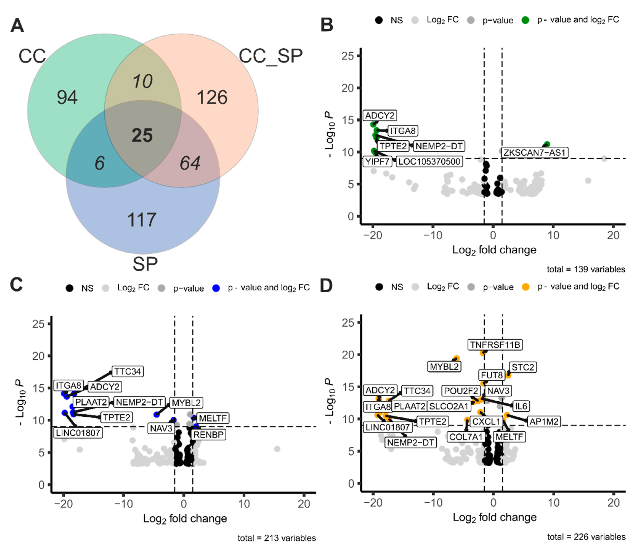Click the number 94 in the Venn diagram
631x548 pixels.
pyautogui.click(x=67, y=97)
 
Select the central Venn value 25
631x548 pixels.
pyautogui.click(x=142, y=135)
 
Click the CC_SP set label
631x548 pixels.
pyautogui.click(x=270, y=56)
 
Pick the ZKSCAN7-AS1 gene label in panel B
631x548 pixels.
pyautogui.click(x=534, y=152)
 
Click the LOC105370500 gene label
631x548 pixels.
pyautogui.click(x=429, y=162)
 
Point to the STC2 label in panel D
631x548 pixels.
pyautogui.click(x=523, y=367)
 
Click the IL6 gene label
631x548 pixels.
pyautogui.click(x=521, y=406)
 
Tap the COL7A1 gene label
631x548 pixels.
pyautogui.click(x=466, y=437)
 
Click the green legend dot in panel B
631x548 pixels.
pyautogui.click(x=525, y=20)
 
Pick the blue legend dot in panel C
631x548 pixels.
pyautogui.click(x=216, y=288)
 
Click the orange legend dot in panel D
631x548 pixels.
pyautogui.click(x=526, y=287)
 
